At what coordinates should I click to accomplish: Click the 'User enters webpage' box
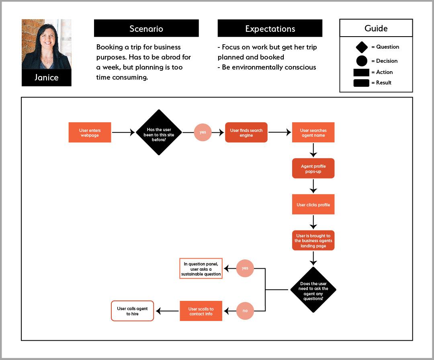click(x=90, y=132)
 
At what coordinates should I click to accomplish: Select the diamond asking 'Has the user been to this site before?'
click(x=159, y=132)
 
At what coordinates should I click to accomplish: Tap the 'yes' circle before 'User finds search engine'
click(x=203, y=132)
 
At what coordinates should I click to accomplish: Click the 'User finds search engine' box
click(x=246, y=132)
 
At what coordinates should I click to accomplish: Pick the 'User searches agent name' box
click(x=313, y=132)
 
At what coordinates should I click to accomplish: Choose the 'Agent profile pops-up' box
click(x=313, y=168)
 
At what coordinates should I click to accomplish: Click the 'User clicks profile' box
click(x=313, y=204)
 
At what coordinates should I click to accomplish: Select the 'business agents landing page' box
click(x=313, y=240)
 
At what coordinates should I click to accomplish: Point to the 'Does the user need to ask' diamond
click(x=313, y=290)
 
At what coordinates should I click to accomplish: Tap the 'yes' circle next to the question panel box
click(x=245, y=268)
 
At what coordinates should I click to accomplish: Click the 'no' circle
click(x=245, y=311)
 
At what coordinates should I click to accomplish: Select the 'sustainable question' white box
click(x=201, y=268)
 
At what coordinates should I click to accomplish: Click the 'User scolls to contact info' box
click(x=201, y=311)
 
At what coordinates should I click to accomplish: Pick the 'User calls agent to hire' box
click(x=132, y=311)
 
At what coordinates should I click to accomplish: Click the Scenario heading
click(x=146, y=28)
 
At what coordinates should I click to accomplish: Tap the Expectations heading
click(x=270, y=28)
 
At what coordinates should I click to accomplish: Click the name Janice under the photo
click(x=47, y=77)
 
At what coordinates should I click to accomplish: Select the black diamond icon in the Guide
click(x=362, y=47)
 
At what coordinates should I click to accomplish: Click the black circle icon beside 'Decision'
click(x=362, y=61)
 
